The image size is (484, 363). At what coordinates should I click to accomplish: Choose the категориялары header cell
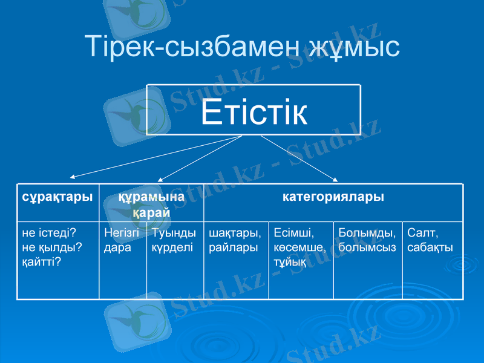[333, 197]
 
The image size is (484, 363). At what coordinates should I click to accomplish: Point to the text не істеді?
[48, 232]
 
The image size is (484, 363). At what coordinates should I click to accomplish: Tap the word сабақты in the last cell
[430, 247]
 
